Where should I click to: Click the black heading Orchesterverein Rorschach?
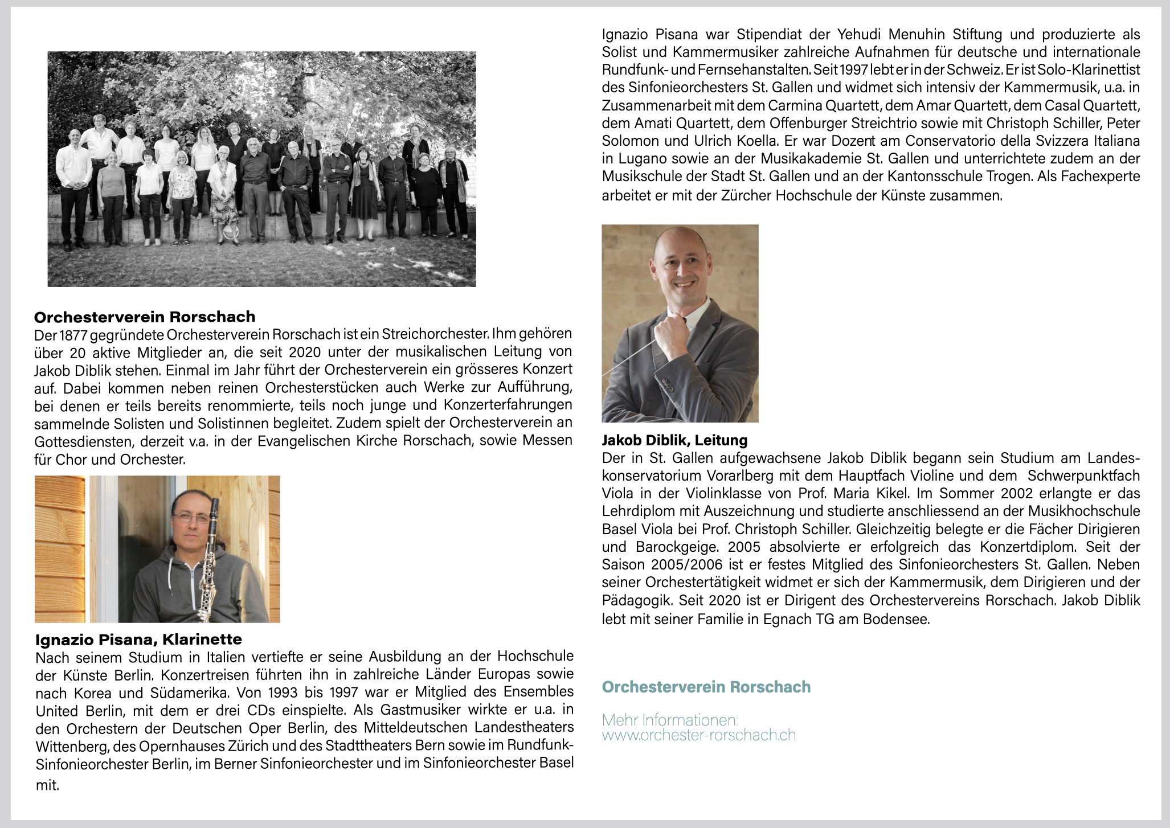(145, 317)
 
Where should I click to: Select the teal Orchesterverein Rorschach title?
(706, 687)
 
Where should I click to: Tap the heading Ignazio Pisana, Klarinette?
(138, 639)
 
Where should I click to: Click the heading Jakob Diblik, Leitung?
(674, 440)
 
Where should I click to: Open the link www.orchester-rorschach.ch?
(698, 735)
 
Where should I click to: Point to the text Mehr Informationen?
(670, 720)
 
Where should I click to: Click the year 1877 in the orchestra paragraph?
(73, 334)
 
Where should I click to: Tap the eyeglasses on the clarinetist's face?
(191, 518)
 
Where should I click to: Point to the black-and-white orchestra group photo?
(261, 169)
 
